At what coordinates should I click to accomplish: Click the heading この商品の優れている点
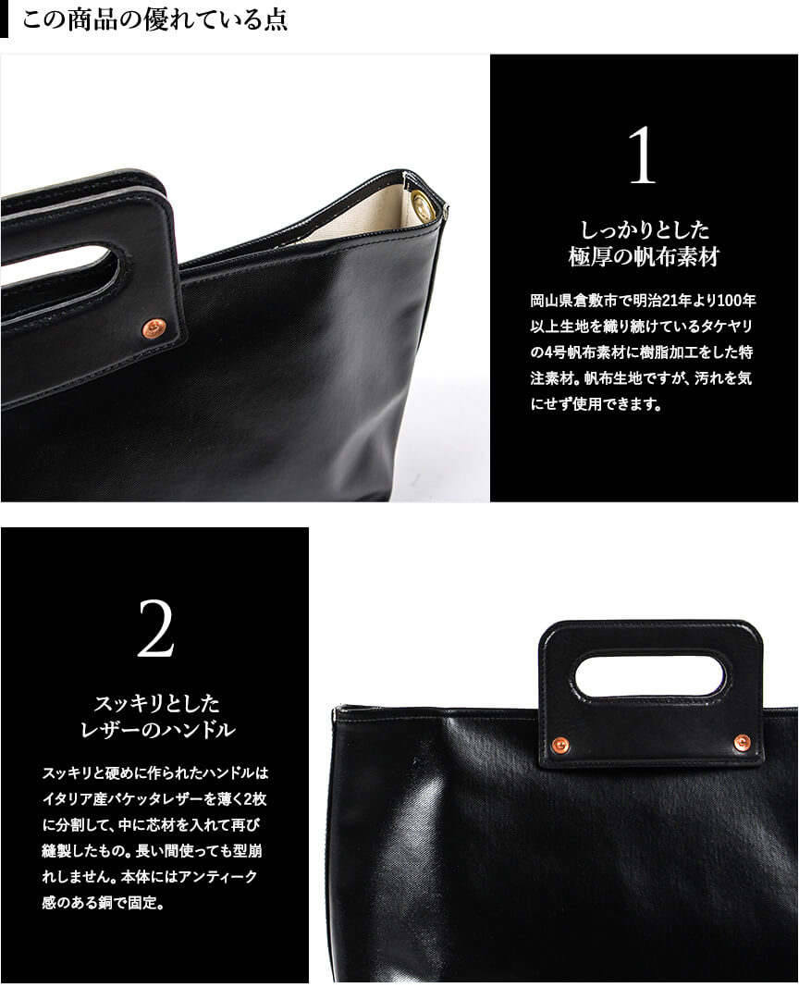point(154,19)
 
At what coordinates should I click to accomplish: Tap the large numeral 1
point(642,155)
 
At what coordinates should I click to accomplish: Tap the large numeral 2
point(155,629)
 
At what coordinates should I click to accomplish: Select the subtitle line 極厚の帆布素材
point(644,257)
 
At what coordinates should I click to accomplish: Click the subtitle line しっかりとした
point(644,229)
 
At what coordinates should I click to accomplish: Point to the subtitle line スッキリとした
point(156,703)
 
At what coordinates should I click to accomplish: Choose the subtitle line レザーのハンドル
point(157,730)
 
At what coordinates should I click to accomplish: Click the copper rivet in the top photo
point(153,327)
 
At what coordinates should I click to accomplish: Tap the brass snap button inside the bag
point(422,204)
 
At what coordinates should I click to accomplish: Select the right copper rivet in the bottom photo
point(742,741)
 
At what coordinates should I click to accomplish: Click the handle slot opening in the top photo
point(58,271)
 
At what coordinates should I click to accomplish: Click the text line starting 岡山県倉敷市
point(643,300)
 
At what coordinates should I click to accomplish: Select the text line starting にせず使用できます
point(596,403)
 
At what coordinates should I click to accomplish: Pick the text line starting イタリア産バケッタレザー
point(154,798)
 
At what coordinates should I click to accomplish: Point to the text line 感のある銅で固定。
point(104,903)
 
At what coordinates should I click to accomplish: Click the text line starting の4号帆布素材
point(642,352)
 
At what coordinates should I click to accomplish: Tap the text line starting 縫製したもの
point(152,851)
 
